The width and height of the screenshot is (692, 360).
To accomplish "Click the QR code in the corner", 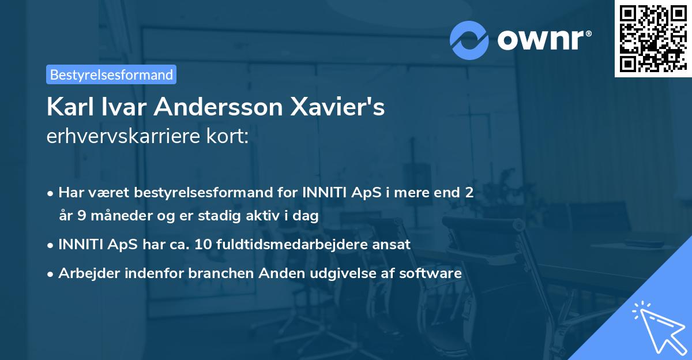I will tap(653, 39).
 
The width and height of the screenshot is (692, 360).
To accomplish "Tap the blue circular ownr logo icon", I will tap(469, 40).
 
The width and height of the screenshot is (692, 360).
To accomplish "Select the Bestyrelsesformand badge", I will tap(111, 74).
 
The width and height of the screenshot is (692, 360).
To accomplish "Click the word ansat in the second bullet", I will tap(394, 244).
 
